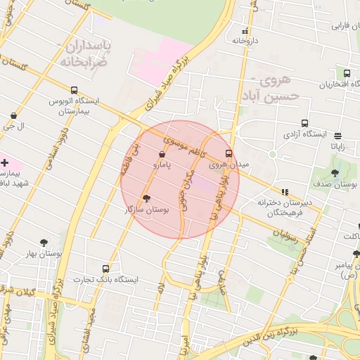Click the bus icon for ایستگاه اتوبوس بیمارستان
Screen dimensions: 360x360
(x=74, y=90)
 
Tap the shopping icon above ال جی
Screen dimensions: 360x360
(x=13, y=115)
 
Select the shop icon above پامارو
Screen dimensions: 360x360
(x=162, y=153)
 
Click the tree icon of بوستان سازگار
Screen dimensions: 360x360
(x=146, y=199)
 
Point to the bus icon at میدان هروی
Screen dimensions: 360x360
(x=229, y=153)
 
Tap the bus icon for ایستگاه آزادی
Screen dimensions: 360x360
(x=304, y=122)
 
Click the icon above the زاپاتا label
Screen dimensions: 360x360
(x=338, y=136)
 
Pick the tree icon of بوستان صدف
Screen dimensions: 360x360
(x=335, y=173)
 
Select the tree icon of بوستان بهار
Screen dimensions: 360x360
(x=44, y=243)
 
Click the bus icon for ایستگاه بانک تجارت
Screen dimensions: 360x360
(x=105, y=269)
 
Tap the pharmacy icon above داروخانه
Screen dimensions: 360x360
(x=245, y=31)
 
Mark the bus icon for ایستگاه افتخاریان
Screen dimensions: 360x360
(x=347, y=74)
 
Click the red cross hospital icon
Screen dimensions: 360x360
(x=5, y=162)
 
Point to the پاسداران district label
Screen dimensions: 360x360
(x=70, y=48)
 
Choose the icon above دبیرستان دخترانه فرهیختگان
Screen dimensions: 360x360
(x=285, y=191)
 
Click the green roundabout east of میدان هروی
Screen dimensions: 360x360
(x=272, y=154)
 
